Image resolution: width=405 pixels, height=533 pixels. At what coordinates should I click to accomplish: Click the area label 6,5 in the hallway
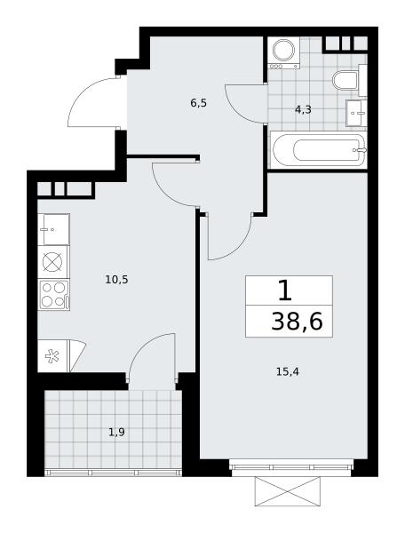pos(199,103)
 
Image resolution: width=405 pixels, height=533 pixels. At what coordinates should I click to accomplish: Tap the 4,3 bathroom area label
pos(303,110)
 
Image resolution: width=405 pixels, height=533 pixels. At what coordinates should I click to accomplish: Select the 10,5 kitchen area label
pos(116,280)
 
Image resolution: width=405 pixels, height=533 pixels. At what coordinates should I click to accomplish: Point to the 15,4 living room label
pos(288,372)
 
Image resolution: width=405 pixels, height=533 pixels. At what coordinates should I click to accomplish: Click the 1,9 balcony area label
pos(116,432)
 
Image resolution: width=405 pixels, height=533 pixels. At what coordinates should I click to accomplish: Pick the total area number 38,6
pos(297,322)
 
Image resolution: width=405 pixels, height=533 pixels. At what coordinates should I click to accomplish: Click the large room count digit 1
pos(285,290)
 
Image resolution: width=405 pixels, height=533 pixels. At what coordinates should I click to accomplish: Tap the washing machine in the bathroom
pos(283,52)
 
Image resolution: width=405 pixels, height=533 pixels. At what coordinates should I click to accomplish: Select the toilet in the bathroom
pos(345,80)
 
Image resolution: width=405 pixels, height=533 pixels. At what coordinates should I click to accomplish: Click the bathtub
pos(318,150)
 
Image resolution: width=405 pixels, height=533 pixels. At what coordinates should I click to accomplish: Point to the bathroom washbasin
pos(356,113)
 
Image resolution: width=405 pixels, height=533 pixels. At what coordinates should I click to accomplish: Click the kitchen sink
pos(53,229)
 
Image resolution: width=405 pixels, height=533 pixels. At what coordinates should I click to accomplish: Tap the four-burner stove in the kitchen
pos(54,295)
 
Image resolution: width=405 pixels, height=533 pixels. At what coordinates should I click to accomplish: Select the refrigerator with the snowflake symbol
pos(53,356)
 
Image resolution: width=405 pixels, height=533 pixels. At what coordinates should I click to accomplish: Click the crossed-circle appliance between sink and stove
pos(52,262)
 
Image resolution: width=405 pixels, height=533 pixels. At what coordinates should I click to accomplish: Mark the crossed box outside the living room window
pos(288,491)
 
